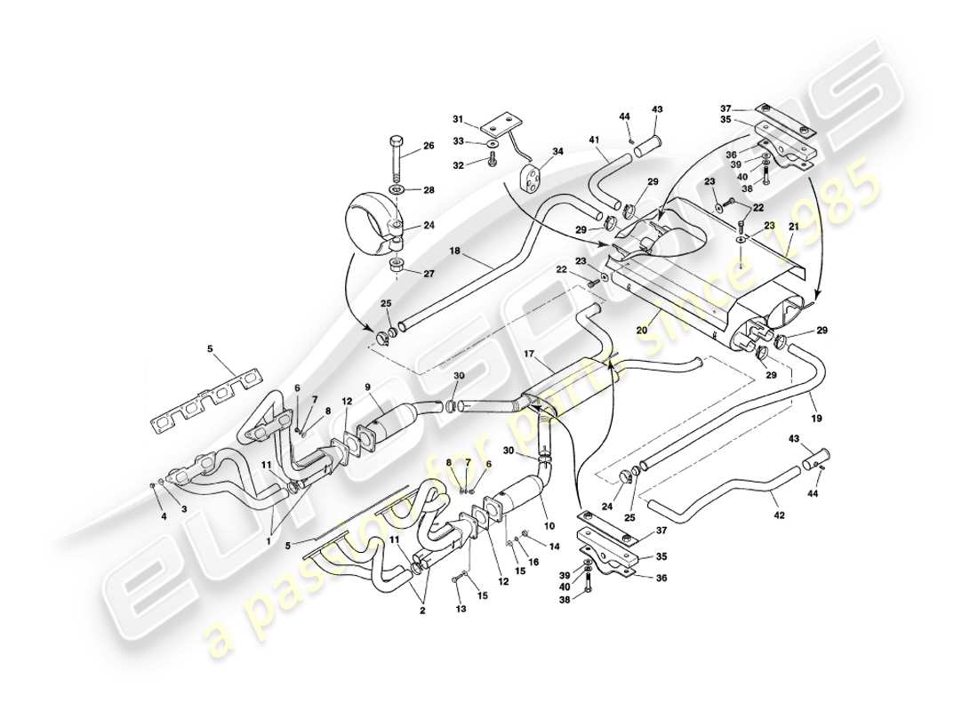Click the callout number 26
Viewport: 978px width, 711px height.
click(x=428, y=148)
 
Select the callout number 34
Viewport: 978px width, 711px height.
click(x=557, y=152)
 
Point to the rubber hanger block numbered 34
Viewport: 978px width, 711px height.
click(x=531, y=175)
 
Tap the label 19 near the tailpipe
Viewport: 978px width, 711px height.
click(x=816, y=414)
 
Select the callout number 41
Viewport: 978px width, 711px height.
click(x=593, y=140)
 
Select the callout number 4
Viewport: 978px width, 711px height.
click(x=164, y=515)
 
